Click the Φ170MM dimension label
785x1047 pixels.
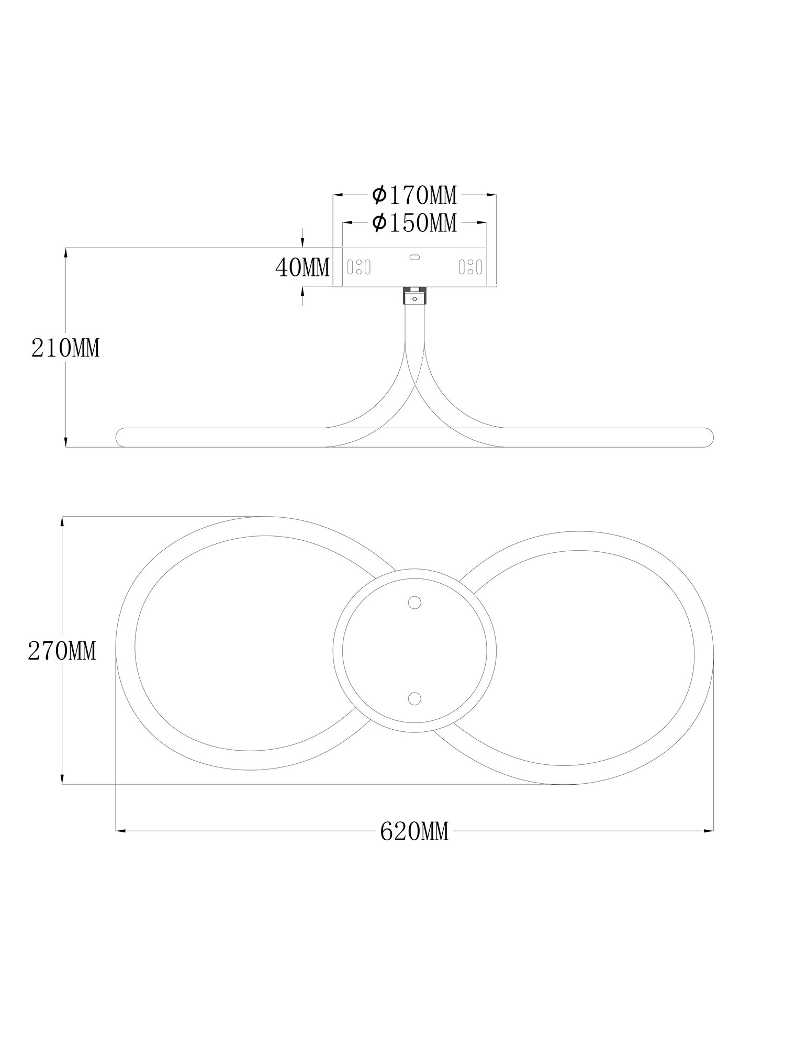[414, 195]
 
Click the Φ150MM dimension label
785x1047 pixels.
[414, 223]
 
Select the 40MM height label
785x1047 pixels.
[302, 268]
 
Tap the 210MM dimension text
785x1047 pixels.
[65, 348]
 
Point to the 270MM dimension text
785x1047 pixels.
[62, 652]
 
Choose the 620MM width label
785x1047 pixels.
[414, 831]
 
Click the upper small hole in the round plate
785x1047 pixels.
[414, 603]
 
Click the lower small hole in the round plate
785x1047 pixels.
[414, 698]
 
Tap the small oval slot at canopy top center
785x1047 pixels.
[414, 257]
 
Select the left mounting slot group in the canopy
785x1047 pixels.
[359, 267]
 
